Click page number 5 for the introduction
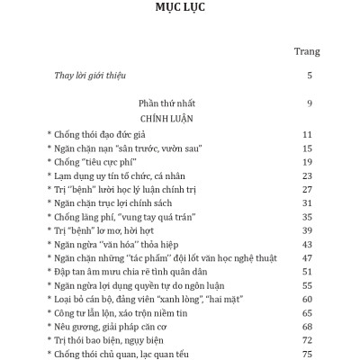[x=309, y=76]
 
